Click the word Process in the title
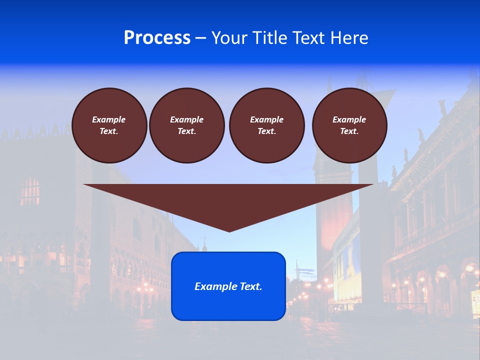coord(157,38)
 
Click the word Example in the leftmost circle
coord(109,119)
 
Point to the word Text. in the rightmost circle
coord(349,131)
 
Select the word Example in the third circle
coord(267,119)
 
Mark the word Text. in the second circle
coord(187,131)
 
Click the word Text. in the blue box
coord(250,286)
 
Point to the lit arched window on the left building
coord(30,191)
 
